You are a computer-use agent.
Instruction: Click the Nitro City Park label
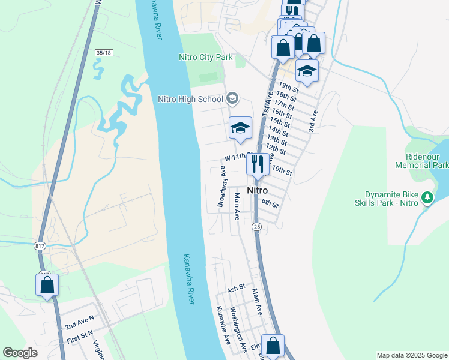coord(205,58)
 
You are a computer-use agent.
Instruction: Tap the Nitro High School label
coord(190,99)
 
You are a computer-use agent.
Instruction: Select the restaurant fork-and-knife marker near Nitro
coord(257,164)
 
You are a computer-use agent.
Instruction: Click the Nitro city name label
coord(257,190)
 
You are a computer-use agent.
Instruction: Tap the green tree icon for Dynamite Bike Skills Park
coord(427,197)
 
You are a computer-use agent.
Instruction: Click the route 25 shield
coord(256,226)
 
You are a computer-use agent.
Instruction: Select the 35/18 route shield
coord(104,53)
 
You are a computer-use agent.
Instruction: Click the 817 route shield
coord(40,245)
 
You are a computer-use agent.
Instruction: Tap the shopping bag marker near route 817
coord(47,286)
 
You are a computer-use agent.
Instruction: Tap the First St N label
coord(80,334)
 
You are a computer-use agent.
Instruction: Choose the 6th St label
coord(270,204)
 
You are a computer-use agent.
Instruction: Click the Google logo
coord(20,353)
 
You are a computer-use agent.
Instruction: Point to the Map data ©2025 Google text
coord(411,355)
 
